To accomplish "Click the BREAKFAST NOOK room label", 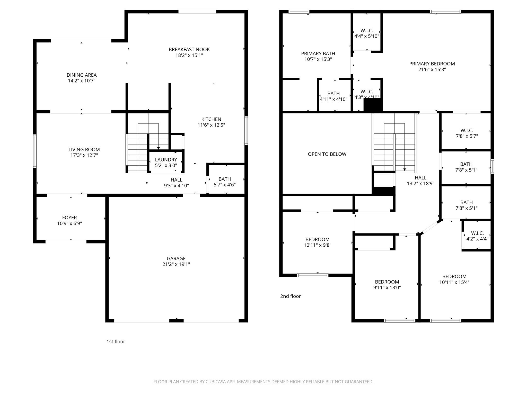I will [189, 49].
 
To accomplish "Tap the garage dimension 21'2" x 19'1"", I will [176, 264].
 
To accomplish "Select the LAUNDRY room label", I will [166, 160].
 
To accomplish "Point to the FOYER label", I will [69, 218].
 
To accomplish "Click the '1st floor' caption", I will [116, 342].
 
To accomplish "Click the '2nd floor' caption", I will [290, 296].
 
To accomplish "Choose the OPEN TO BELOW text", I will [327, 154].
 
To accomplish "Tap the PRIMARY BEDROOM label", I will [432, 64].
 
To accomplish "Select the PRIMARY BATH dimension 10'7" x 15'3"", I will [318, 59].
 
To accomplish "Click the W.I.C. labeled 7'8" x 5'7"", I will [467, 133].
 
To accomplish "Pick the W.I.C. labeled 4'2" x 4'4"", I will [477, 236].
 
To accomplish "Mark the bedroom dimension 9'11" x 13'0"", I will [387, 288].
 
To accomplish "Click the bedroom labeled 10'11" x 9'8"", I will [317, 242].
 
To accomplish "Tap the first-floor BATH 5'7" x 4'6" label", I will [225, 182].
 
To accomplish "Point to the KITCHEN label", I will [211, 119].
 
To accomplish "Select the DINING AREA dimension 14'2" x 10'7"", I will [82, 81].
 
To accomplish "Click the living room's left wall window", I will [35, 151].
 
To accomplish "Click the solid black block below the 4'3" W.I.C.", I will [373, 105].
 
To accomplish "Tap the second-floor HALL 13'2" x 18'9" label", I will [420, 181].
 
